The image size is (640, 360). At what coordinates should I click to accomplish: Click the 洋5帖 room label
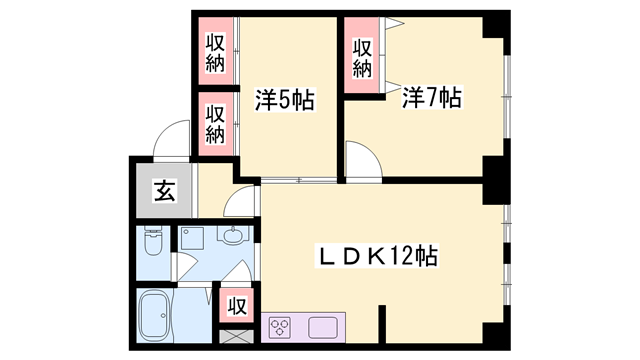point(285,100)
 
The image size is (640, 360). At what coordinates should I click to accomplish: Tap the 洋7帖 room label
point(432,98)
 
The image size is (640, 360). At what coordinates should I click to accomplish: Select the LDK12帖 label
point(377,256)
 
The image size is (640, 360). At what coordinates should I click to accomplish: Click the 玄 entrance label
point(164,191)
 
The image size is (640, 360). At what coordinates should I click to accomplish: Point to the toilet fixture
point(153,241)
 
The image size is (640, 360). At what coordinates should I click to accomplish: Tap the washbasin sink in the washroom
point(233,236)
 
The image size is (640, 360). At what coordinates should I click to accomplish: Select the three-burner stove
point(280,328)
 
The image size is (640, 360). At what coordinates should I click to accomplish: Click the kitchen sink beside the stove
point(323,328)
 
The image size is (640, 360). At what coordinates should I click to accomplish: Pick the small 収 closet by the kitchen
point(237,305)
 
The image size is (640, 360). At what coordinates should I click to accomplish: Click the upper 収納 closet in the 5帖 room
point(216,51)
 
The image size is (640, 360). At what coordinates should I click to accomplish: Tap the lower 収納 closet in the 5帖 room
point(216,124)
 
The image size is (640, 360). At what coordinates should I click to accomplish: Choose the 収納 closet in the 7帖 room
point(362,56)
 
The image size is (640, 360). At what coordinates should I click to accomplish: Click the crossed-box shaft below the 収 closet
point(237,336)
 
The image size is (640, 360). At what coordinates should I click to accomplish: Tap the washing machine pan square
point(192,238)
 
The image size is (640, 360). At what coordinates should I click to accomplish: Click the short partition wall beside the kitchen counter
point(382,324)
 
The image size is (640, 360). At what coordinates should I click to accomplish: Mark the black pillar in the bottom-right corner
point(496,333)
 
